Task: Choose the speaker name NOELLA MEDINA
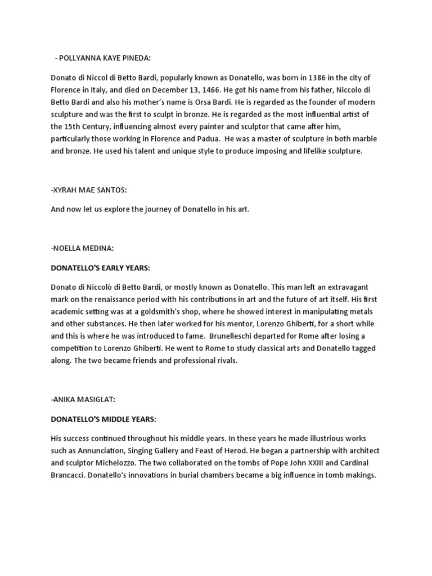(x=84, y=248)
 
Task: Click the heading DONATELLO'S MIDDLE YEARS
(x=105, y=420)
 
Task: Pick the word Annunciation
(x=100, y=450)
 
